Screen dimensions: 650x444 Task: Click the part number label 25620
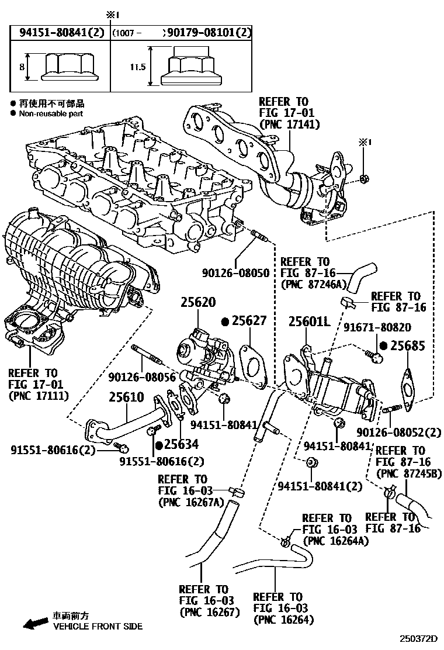(x=197, y=303)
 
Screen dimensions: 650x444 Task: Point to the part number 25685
(x=407, y=345)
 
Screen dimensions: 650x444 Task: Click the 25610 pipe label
(x=126, y=397)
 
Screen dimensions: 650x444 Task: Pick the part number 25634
(x=181, y=444)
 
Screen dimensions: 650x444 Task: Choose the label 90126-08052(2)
(x=398, y=432)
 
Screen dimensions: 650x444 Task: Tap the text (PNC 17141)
(x=287, y=124)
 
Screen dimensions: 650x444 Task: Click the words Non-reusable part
(x=51, y=113)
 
